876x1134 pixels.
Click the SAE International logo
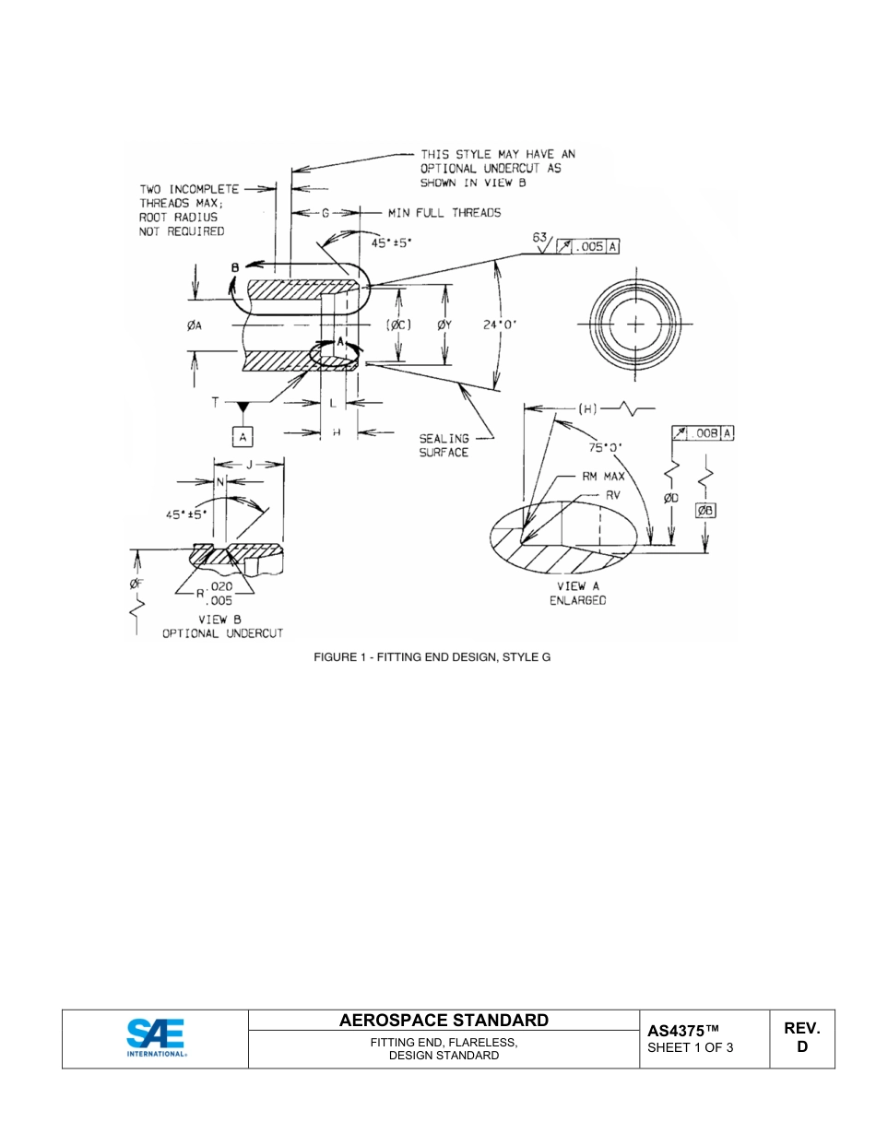point(156,1038)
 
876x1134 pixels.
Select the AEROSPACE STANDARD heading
point(444,1020)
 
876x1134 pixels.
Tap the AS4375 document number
point(682,1030)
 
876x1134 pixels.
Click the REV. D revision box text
point(802,1037)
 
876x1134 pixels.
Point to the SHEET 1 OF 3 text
point(691,1047)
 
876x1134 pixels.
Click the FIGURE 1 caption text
point(432,657)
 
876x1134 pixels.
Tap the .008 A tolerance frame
point(704,433)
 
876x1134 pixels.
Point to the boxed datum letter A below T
point(243,437)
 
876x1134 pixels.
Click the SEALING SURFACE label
point(444,445)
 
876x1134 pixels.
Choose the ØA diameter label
point(194,325)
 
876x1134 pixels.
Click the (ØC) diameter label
point(397,325)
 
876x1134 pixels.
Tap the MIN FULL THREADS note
point(444,213)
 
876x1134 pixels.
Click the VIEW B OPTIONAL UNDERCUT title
point(222,627)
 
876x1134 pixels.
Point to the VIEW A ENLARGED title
point(577,593)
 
